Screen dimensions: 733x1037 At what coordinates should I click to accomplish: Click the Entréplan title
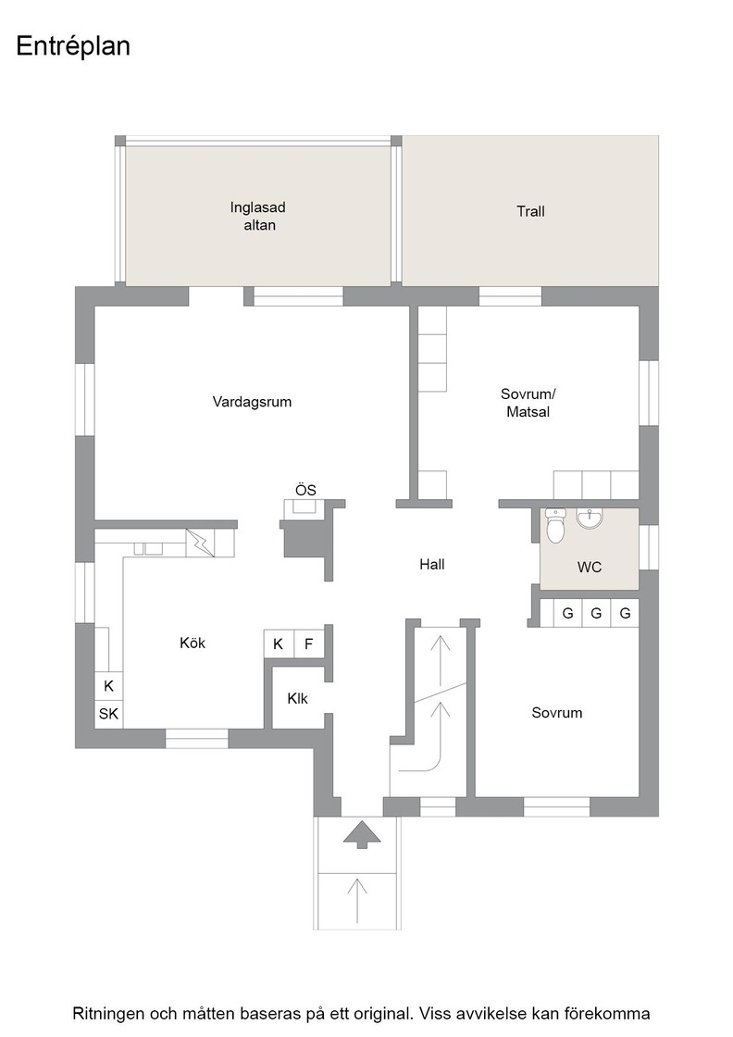[73, 47]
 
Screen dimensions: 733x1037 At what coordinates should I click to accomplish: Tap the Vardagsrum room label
[252, 402]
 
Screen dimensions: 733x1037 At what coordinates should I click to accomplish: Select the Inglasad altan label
[258, 217]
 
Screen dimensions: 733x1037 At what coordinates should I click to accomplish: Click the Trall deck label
[530, 212]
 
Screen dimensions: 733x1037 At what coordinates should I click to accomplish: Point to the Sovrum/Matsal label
[528, 403]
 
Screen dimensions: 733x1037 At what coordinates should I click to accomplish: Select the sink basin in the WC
[589, 518]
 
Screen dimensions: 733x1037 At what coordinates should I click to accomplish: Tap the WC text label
[589, 568]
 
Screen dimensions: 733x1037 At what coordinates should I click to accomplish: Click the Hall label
[431, 564]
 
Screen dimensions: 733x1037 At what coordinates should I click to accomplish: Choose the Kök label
[193, 643]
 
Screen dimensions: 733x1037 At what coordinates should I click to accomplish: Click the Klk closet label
[297, 698]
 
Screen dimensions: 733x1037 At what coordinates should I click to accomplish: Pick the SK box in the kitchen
[108, 714]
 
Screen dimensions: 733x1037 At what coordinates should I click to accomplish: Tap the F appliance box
[309, 643]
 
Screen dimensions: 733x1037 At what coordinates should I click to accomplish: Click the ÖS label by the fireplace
[305, 490]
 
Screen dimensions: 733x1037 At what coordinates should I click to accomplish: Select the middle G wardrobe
[596, 613]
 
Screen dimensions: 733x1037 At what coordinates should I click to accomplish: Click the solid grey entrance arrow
[362, 834]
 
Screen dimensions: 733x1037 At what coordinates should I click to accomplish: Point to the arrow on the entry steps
[357, 900]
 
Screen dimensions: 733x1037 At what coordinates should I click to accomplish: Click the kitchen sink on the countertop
[149, 548]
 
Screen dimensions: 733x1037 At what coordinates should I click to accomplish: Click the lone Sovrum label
[557, 713]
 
